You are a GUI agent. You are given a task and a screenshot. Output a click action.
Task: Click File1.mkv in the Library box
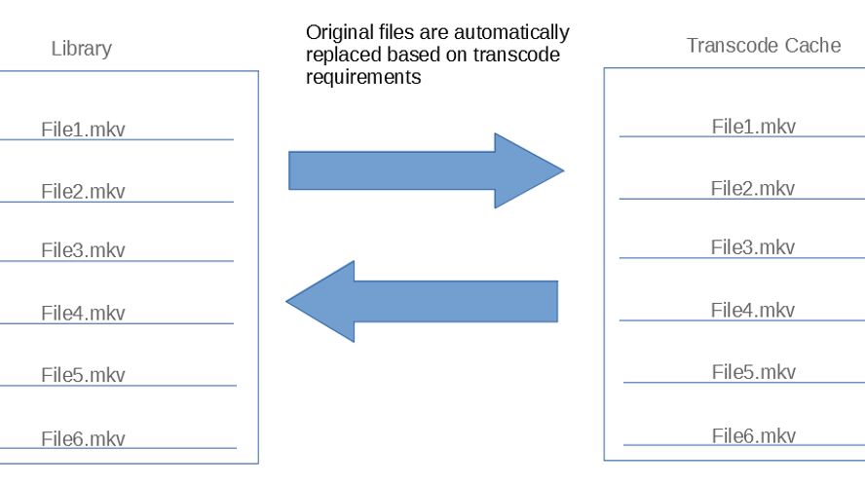(x=83, y=129)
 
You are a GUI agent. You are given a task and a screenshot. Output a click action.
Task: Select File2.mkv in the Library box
(x=83, y=191)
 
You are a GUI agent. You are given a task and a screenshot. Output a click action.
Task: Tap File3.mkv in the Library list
(x=83, y=250)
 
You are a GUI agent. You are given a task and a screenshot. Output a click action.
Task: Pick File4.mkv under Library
(x=83, y=313)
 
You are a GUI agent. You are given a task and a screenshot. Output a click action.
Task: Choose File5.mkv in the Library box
(x=83, y=375)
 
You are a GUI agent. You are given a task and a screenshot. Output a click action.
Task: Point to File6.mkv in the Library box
(x=83, y=438)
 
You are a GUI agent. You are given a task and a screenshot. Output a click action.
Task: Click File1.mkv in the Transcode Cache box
(x=753, y=126)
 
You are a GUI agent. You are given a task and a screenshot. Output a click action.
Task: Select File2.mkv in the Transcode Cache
(x=753, y=188)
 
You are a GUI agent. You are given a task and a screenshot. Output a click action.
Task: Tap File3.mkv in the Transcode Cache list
(x=753, y=247)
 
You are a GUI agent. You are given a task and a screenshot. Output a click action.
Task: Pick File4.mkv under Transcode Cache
(x=753, y=310)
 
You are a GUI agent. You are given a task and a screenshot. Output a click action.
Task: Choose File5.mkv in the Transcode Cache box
(x=753, y=372)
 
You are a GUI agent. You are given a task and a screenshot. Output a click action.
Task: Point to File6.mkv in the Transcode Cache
(x=753, y=435)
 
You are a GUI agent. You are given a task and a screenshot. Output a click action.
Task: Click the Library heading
(x=82, y=48)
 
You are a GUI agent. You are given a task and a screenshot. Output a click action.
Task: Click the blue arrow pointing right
(x=426, y=170)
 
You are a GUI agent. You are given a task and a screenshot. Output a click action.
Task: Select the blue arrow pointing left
(x=422, y=301)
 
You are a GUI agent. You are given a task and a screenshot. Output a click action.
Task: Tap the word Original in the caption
(x=337, y=33)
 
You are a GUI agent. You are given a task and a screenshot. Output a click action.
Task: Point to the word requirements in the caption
(x=363, y=78)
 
